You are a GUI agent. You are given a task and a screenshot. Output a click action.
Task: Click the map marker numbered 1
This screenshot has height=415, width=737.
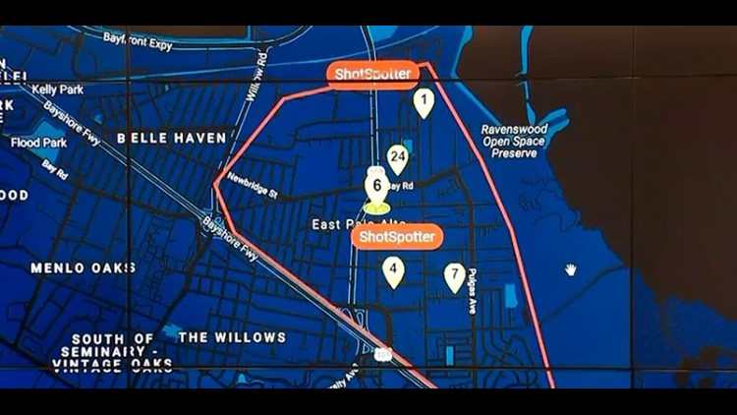point(423,101)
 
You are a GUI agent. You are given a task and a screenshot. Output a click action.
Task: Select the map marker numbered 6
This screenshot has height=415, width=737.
point(375,185)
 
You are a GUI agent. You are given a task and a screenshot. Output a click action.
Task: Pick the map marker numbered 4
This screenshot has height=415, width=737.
point(393,269)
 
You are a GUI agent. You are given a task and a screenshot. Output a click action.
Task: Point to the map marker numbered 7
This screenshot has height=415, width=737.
point(454,275)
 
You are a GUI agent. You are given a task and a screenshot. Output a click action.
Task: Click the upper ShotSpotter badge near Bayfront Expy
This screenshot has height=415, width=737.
point(372,75)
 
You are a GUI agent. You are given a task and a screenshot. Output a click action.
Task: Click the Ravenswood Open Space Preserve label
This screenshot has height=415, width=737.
point(521,141)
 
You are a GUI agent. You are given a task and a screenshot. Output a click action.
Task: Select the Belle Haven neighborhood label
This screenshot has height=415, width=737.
point(172,139)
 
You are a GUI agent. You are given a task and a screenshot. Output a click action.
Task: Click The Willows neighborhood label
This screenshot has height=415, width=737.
point(232,337)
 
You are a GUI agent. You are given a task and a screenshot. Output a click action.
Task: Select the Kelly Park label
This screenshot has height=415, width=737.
point(57,89)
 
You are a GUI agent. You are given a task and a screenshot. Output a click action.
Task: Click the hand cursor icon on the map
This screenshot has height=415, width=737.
point(570,268)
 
